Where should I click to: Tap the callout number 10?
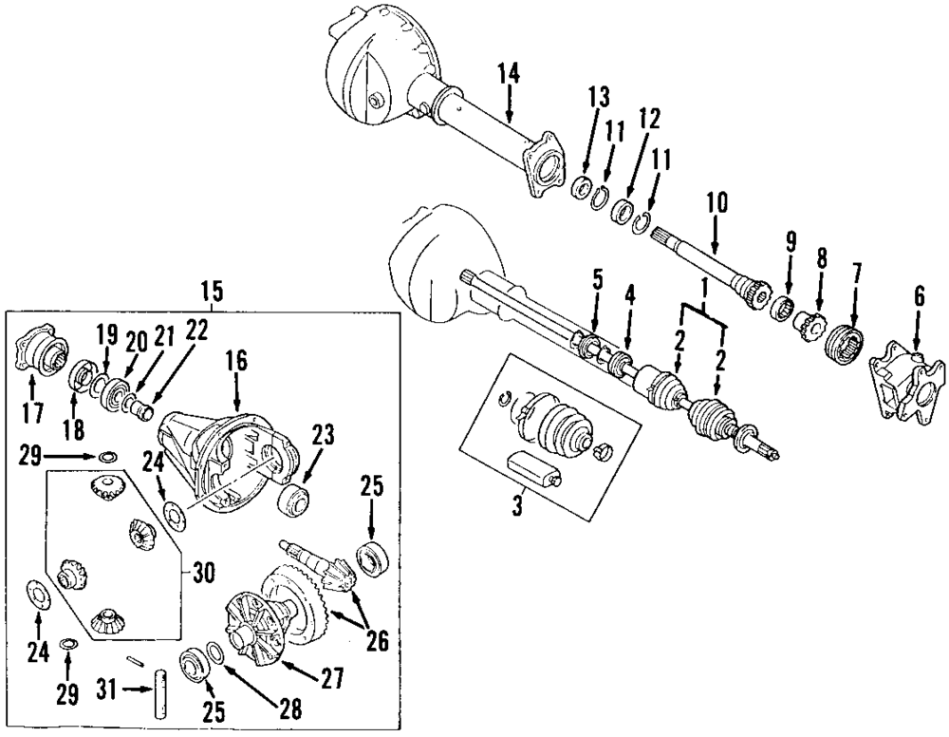(x=716, y=203)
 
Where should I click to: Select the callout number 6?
(x=919, y=297)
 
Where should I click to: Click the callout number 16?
(x=235, y=359)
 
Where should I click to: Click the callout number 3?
(x=518, y=505)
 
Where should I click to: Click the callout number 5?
(x=596, y=279)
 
